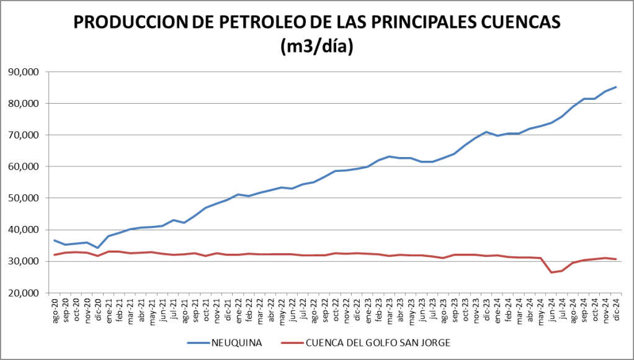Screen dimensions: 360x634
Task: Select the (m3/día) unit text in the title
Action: coord(317,47)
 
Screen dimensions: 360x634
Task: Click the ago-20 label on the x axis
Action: coord(55,309)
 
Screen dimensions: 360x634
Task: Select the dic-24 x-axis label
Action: coord(615,309)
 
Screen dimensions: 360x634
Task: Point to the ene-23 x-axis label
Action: coord(368,309)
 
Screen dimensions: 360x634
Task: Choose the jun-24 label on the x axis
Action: coord(551,309)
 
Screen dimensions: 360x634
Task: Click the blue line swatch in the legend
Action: coord(198,342)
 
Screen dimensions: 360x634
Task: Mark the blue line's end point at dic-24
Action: coord(615,87)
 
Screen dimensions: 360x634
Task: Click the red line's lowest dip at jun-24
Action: coord(551,272)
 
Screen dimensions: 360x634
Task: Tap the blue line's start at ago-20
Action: coord(55,240)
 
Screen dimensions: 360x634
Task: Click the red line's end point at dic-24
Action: coord(615,259)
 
